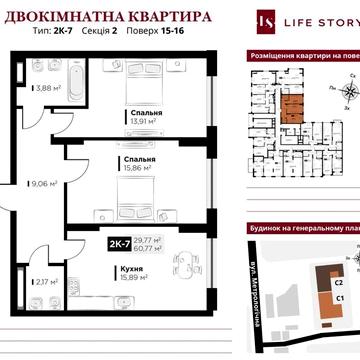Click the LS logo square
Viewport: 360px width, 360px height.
coord(264,21)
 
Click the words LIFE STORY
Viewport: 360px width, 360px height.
coord(317,22)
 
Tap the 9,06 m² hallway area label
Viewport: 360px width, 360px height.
coord(44,183)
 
